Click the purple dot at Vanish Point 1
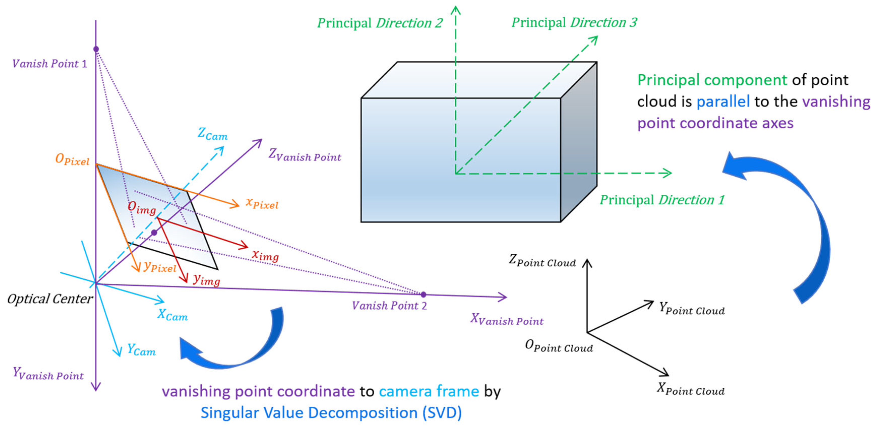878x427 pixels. click(96, 49)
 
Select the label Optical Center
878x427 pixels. click(50, 299)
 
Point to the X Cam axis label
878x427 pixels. click(172, 315)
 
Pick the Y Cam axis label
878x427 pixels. click(141, 350)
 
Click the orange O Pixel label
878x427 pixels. click(72, 159)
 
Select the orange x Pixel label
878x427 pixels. click(262, 204)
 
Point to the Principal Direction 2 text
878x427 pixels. click(380, 23)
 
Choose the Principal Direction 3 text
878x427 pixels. click(574, 22)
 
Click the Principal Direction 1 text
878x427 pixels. click(662, 200)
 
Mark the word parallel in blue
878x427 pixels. click(723, 102)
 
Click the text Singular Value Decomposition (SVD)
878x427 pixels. click(331, 413)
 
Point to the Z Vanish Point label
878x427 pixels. click(304, 155)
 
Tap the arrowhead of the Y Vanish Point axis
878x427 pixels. click(96, 388)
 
